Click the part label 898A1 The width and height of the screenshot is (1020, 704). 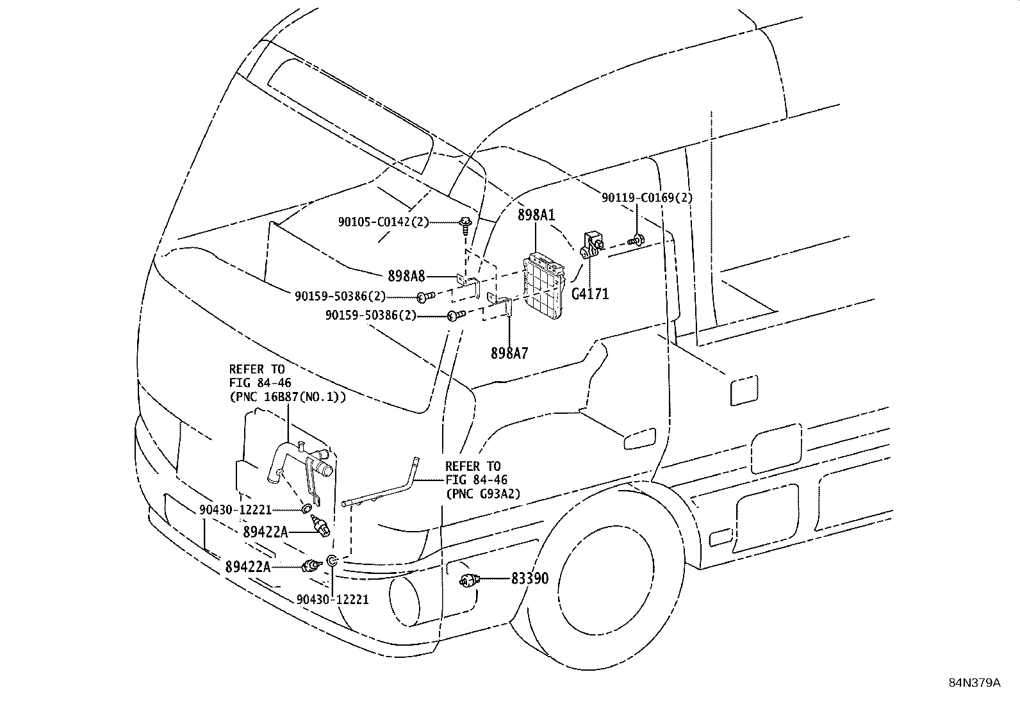[x=536, y=215]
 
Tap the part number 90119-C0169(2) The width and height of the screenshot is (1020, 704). [x=647, y=198]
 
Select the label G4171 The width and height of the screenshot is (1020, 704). [x=590, y=294]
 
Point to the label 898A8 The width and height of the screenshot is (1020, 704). [x=406, y=276]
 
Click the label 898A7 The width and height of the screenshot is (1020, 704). [x=509, y=354]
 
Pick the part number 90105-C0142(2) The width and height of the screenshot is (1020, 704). [x=383, y=222]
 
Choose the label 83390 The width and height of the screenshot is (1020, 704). [x=530, y=579]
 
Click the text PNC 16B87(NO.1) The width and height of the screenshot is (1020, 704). [x=288, y=397]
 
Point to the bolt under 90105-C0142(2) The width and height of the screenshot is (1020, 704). [x=465, y=225]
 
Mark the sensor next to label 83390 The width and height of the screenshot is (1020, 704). [x=470, y=580]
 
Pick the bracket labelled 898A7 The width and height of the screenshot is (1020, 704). [x=500, y=306]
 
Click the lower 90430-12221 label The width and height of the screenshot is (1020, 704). [x=333, y=600]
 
